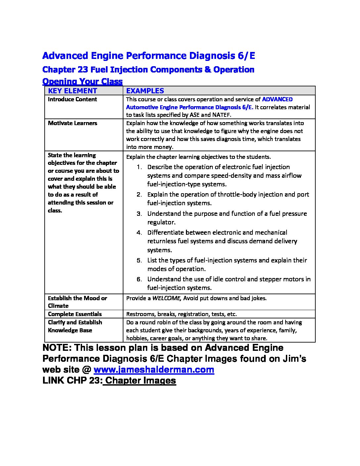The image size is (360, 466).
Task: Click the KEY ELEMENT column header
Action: point(72,91)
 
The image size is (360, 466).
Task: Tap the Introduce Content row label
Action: point(72,99)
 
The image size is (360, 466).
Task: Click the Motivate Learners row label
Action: point(72,123)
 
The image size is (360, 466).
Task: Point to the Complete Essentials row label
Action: point(75,314)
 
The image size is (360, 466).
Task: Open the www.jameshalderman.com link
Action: point(154,370)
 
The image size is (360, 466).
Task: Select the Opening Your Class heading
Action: point(83,81)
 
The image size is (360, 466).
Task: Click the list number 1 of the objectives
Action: point(139,167)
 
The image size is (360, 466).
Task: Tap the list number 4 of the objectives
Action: point(139,233)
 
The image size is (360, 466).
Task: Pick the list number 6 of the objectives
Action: point(139,279)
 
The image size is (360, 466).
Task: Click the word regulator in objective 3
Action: point(161,222)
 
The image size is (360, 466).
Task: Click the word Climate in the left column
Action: point(58,306)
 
